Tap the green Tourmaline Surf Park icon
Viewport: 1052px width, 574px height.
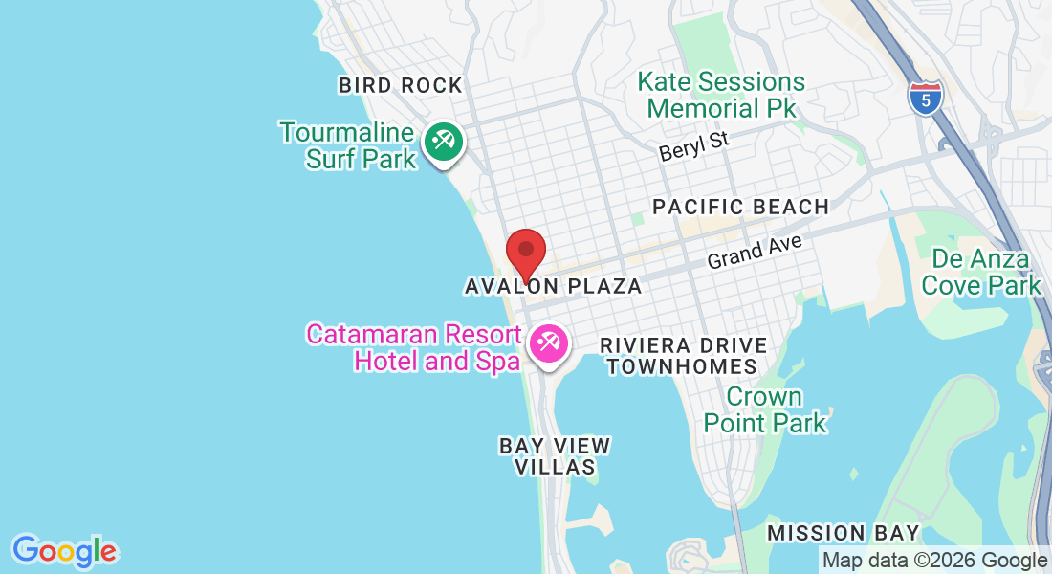443,143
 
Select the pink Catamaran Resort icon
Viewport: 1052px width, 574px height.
548,342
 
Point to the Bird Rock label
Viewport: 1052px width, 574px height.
400,85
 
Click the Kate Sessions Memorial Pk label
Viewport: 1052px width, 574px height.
721,95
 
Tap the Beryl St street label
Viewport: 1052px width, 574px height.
694,146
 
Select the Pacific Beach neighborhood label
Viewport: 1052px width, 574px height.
740,207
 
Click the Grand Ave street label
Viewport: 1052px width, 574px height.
755,252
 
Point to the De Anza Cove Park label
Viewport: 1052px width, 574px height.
980,272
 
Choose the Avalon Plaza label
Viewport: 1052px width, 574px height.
553,286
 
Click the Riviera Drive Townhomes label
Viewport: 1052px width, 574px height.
683,355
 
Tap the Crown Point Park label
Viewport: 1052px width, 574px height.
765,408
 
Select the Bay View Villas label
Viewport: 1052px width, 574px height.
555,456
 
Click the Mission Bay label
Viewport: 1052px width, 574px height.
843,533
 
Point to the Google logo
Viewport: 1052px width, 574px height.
64,551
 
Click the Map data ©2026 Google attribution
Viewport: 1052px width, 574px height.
934,561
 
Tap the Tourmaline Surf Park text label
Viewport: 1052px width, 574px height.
348,145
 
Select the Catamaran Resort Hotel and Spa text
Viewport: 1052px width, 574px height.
413,347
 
